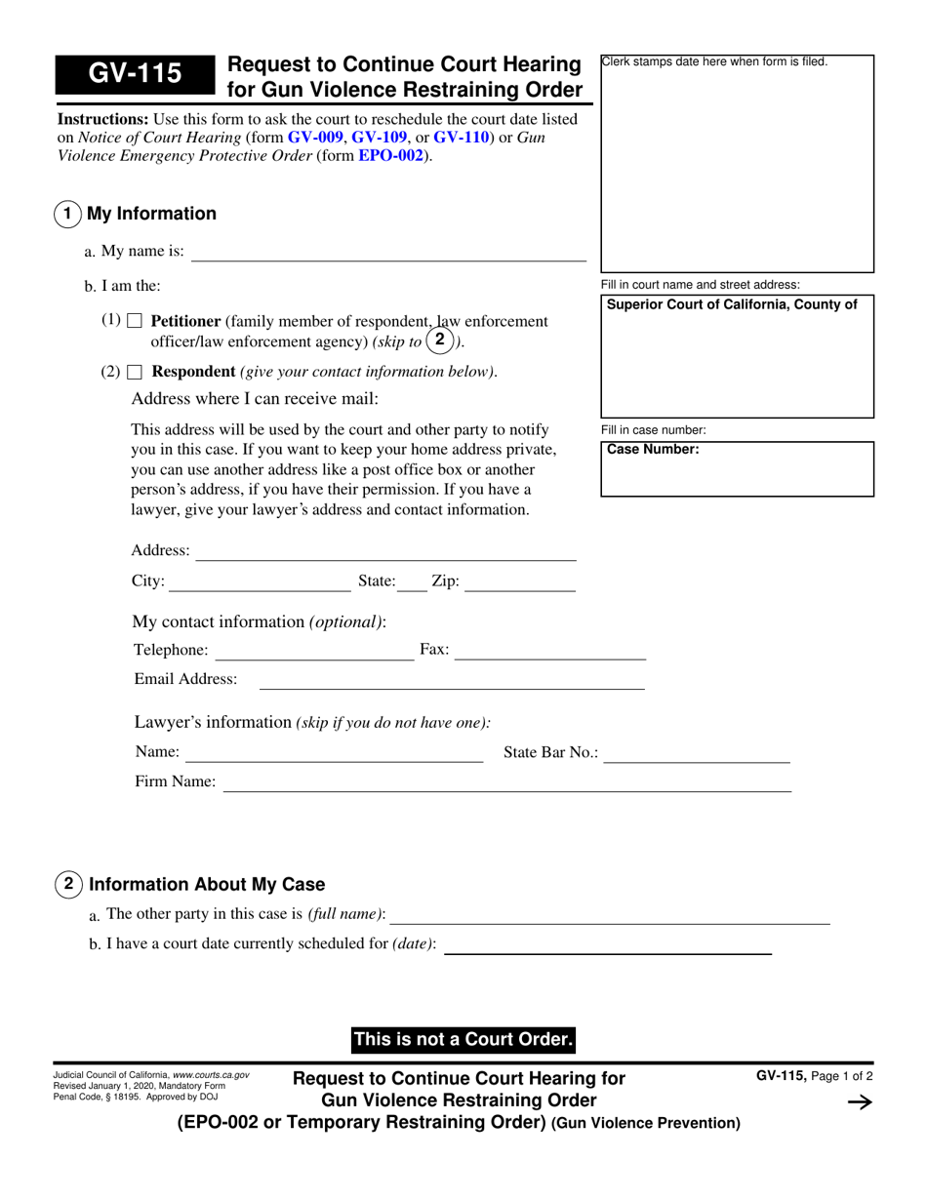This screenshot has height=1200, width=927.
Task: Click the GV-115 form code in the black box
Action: pyautogui.click(x=135, y=75)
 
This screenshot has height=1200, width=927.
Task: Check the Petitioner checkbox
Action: pyautogui.click(x=135, y=321)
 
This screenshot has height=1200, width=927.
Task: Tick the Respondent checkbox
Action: pyautogui.click(x=135, y=372)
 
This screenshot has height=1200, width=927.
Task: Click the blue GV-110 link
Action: pyautogui.click(x=462, y=138)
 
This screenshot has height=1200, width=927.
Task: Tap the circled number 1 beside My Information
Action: pyautogui.click(x=67, y=214)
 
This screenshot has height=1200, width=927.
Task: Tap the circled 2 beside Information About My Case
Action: pyautogui.click(x=67, y=885)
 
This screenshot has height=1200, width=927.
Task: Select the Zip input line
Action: pyautogui.click(x=519, y=583)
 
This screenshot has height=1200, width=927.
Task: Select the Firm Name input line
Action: pyautogui.click(x=507, y=783)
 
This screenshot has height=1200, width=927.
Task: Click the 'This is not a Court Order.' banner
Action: pyautogui.click(x=463, y=1040)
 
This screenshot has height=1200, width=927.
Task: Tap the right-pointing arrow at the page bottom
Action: pyautogui.click(x=859, y=1102)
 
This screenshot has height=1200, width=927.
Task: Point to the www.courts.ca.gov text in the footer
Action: pyautogui.click(x=211, y=1074)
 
